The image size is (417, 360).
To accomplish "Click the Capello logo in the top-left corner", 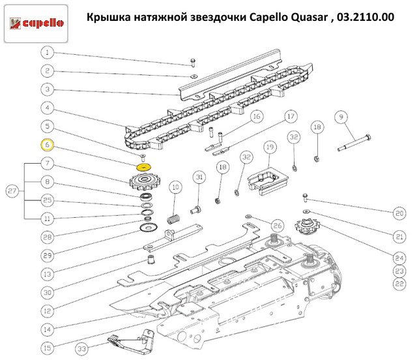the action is point(36,23).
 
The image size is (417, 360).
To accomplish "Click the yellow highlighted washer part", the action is point(143,168).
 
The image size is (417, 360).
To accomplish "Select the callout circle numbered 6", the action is point(47,145).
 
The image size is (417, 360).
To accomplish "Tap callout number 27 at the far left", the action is point(12,191).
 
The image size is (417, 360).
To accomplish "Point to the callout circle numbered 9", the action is point(341,117).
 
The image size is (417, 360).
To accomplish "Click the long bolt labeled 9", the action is point(354,143).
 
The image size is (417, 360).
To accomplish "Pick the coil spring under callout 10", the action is point(173,219).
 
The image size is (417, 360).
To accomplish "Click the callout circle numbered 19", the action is point(270,147).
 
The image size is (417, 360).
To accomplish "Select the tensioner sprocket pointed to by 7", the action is point(143,181).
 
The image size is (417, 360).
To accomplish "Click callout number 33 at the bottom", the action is point(82,349).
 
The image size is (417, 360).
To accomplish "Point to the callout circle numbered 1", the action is point(47,52).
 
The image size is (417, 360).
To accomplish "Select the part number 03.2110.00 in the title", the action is point(366,18).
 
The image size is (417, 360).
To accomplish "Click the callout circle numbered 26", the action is point(278,226).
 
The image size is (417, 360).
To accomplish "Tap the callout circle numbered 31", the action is point(199,177).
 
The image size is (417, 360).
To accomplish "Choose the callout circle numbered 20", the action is point(399,213).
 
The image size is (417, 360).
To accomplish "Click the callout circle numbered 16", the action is point(257,117).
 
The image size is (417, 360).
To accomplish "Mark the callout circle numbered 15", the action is point(47,348).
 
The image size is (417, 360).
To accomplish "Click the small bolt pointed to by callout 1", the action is point(193,63).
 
